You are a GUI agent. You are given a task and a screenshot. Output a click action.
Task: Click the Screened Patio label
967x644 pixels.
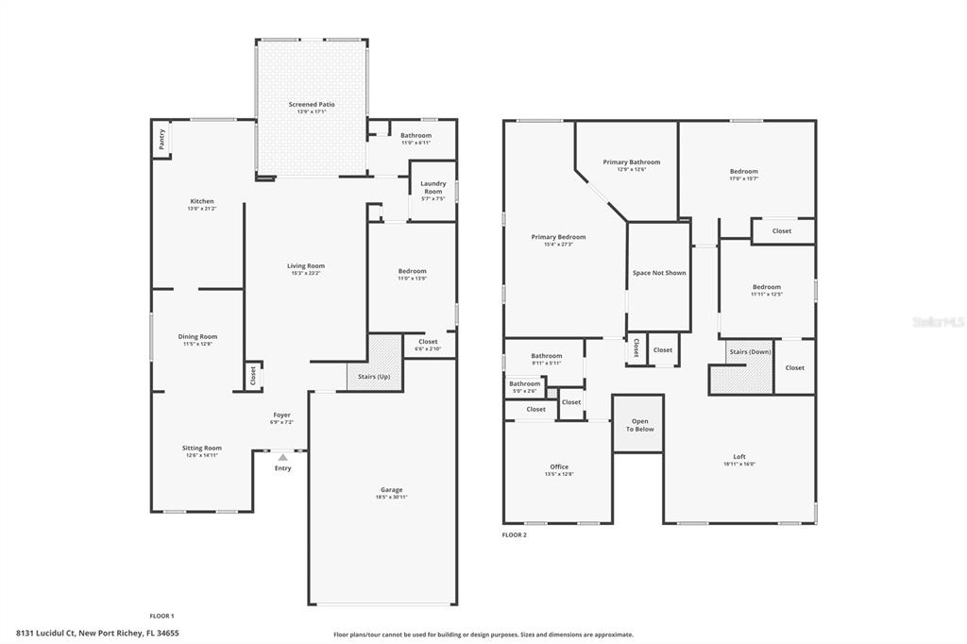[312, 105]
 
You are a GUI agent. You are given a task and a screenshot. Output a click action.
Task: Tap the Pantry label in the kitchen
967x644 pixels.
[161, 140]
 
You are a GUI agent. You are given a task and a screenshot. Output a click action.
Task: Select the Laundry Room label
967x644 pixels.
[433, 187]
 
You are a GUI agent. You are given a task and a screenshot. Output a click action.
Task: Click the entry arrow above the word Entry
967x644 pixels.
[282, 458]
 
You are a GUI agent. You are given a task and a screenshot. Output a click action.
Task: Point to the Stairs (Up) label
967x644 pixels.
[374, 376]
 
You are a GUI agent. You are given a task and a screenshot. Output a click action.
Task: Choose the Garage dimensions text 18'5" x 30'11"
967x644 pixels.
[392, 497]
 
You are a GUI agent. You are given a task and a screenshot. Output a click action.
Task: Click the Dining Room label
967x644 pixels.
[197, 336]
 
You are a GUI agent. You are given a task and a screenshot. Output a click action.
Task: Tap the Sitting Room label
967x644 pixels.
[202, 448]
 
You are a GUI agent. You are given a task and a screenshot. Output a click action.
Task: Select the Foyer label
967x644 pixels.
[282, 415]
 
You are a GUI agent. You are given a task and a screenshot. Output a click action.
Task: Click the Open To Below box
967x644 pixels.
[639, 425]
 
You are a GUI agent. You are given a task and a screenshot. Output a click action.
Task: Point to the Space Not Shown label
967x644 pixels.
[659, 273]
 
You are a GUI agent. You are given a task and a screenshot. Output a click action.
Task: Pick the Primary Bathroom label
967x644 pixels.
[632, 162]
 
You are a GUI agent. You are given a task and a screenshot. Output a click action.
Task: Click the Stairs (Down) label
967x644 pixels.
[751, 351]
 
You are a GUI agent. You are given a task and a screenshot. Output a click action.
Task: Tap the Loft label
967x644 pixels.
[739, 456]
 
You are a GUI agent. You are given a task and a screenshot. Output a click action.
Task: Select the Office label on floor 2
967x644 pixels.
[559, 466]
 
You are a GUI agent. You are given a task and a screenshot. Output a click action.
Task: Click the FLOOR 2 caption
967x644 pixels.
[515, 534]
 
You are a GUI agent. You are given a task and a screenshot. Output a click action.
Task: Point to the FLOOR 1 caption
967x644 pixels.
[161, 616]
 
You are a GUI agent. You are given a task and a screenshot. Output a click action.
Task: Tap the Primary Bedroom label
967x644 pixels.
[558, 237]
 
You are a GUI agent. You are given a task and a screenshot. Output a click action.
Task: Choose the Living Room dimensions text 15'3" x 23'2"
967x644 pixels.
[306, 273]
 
